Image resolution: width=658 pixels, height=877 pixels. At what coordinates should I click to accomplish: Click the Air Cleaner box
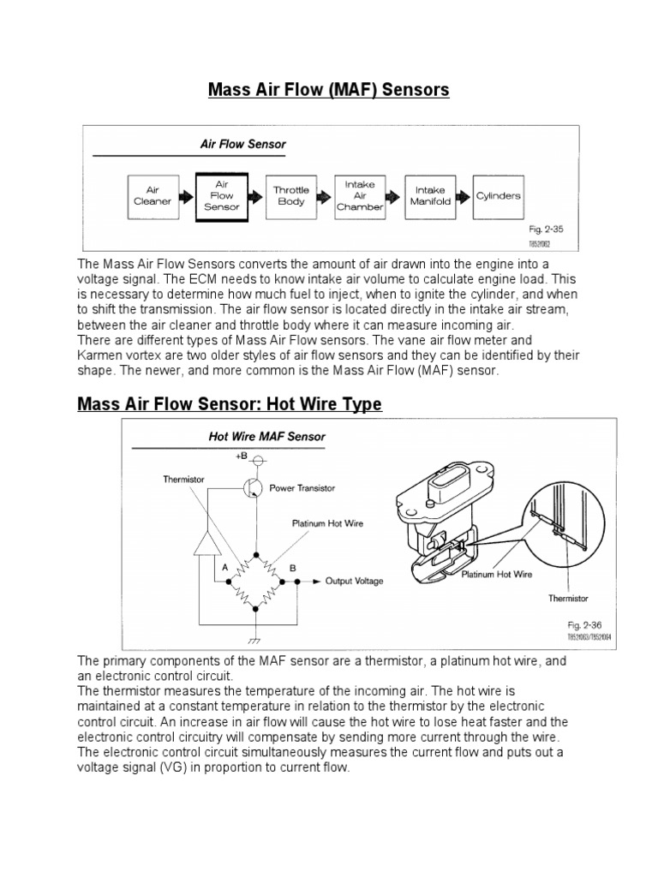coord(153,196)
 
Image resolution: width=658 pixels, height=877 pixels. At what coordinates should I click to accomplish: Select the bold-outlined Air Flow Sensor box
coord(221,196)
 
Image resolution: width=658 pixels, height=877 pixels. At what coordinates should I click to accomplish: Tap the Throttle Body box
coord(291,196)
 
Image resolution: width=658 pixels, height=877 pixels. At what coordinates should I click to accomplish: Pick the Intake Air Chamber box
coord(360,195)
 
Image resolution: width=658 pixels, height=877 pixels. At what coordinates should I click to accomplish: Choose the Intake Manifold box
coord(430,196)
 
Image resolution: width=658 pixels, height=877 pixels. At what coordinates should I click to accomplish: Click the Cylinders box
coord(498,196)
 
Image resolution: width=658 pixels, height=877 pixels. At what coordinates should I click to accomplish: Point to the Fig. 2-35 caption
coord(546,230)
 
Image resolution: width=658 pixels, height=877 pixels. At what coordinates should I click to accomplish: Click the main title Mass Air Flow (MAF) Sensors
coord(329,90)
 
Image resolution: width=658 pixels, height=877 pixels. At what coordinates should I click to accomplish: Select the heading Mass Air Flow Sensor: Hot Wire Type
coord(230,403)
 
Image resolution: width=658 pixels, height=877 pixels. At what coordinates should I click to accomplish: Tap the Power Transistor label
coord(302,488)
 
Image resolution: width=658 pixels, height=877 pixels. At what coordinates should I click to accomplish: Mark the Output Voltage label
coord(354,581)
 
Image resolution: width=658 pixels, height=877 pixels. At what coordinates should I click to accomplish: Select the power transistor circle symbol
coord(253,487)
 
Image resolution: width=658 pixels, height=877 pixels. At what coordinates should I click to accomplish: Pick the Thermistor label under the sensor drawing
coord(568,599)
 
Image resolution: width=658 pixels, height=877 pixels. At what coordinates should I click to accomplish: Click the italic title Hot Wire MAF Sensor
coord(267,436)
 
